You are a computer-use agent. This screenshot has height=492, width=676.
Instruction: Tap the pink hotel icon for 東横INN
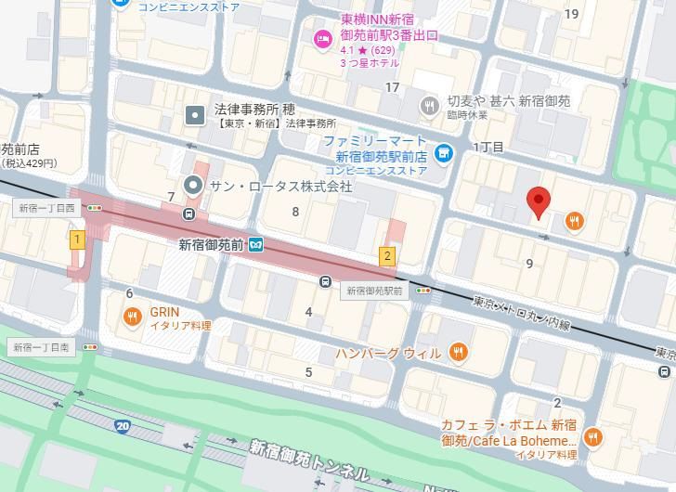(322, 38)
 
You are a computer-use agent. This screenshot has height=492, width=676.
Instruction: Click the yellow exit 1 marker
(78, 240)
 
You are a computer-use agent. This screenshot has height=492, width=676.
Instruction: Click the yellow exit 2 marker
(387, 256)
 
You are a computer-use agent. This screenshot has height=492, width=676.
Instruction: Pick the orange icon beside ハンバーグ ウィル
(457, 353)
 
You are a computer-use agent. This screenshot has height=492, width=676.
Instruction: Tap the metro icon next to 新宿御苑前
(255, 245)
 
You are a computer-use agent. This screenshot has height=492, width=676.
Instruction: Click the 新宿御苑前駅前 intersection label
(375, 291)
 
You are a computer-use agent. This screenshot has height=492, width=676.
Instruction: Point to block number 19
(571, 13)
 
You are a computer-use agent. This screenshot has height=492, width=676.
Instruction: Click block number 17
(393, 88)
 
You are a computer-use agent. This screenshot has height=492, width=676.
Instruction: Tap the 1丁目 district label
(488, 148)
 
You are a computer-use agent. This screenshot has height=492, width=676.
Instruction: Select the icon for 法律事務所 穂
(195, 115)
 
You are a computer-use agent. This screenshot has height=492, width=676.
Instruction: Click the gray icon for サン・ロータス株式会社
(193, 186)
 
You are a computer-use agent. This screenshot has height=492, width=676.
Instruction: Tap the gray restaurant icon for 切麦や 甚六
(428, 106)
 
